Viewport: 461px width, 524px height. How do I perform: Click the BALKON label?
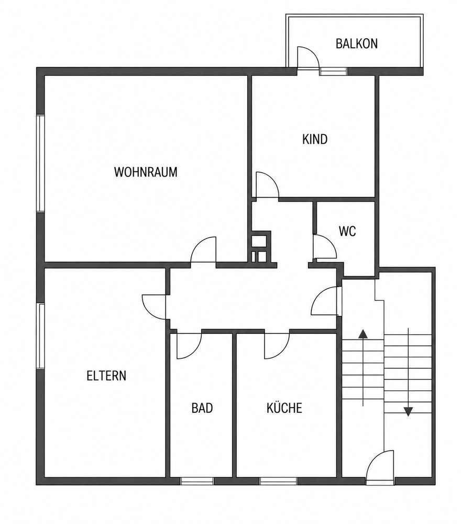pos(356,44)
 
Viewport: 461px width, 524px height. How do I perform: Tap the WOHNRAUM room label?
pos(146,172)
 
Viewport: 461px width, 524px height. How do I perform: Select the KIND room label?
pos(315,139)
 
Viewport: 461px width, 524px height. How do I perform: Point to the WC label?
pos(347,231)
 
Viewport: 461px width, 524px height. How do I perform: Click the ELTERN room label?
pos(106,376)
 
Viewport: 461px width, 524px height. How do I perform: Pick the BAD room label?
pos(202,408)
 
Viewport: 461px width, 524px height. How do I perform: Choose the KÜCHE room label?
pos(284,408)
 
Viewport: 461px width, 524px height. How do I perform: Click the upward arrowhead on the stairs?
pos(363,333)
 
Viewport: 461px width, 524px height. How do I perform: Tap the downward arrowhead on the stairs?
pos(408,411)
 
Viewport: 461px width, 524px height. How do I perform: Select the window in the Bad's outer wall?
pos(197,481)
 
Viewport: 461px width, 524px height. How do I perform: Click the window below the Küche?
pos(278,481)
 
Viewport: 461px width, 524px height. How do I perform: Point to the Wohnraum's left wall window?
pos(40,163)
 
